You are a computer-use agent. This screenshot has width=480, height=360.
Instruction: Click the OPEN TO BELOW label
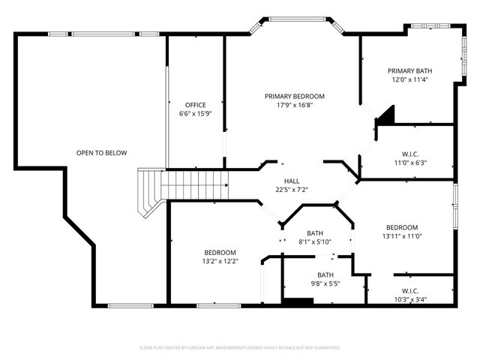click(x=101, y=153)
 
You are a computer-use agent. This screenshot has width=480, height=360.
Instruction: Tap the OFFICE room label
click(x=196, y=105)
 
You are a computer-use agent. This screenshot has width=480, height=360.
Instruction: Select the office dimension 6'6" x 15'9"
click(x=196, y=114)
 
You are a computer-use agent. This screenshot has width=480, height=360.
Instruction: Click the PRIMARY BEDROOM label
click(x=294, y=96)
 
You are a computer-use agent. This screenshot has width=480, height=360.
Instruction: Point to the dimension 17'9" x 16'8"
click(x=294, y=105)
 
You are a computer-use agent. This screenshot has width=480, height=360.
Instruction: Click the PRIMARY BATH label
click(x=409, y=70)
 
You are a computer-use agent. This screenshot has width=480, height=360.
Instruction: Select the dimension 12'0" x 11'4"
click(x=409, y=79)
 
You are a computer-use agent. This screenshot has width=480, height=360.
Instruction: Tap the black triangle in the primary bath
click(x=385, y=114)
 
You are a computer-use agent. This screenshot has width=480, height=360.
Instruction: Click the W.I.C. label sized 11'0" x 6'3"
click(x=409, y=154)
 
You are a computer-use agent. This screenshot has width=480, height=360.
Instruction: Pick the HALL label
click(x=292, y=181)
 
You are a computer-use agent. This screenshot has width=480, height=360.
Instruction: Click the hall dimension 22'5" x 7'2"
click(x=292, y=190)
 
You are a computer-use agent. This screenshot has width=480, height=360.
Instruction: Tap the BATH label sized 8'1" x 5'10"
click(x=314, y=233)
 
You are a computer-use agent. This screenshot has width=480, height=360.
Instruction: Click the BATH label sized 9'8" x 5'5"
click(x=325, y=274)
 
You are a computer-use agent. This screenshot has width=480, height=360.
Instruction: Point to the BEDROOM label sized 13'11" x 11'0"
click(x=402, y=227)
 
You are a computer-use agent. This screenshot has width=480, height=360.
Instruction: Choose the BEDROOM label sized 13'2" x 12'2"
click(x=220, y=252)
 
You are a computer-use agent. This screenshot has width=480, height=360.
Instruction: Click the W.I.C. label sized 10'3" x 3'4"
click(x=409, y=290)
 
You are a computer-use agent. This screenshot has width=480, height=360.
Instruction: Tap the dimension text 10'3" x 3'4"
click(x=409, y=299)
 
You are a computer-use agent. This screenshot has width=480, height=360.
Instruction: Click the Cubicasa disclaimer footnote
click(x=240, y=348)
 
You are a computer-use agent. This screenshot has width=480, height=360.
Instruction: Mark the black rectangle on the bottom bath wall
click(x=297, y=301)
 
